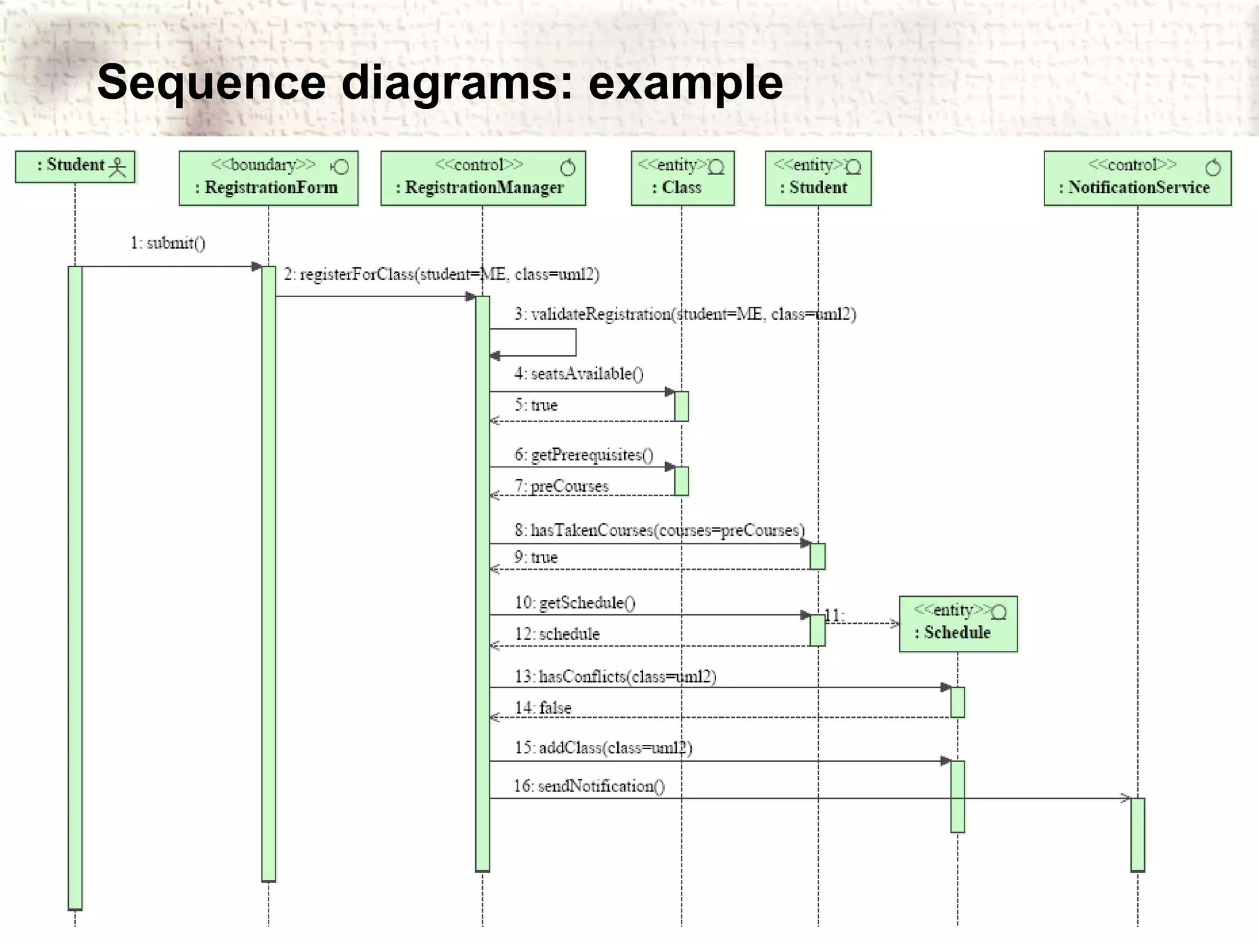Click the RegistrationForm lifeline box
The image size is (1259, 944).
(x=269, y=178)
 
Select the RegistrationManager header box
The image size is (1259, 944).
(x=483, y=178)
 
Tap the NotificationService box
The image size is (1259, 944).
(x=1137, y=178)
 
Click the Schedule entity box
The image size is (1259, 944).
(x=958, y=624)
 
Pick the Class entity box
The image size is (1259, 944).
(x=682, y=178)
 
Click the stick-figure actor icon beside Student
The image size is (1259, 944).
(x=117, y=167)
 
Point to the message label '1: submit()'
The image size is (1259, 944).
(x=168, y=243)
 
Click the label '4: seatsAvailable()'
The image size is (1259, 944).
(x=578, y=374)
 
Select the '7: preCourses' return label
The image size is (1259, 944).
(x=561, y=486)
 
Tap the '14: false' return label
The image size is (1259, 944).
(x=543, y=708)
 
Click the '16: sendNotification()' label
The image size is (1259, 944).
(x=589, y=786)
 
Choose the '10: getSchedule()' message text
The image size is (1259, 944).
(x=575, y=603)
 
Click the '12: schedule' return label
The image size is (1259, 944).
(x=557, y=634)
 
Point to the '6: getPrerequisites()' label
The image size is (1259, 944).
(x=583, y=455)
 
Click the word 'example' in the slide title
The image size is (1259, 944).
(x=685, y=82)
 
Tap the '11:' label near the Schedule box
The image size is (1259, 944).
(x=834, y=615)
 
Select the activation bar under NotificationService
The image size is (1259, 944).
(x=1137, y=834)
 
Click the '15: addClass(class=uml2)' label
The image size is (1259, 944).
(x=603, y=748)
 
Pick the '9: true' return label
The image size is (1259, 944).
(x=535, y=557)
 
